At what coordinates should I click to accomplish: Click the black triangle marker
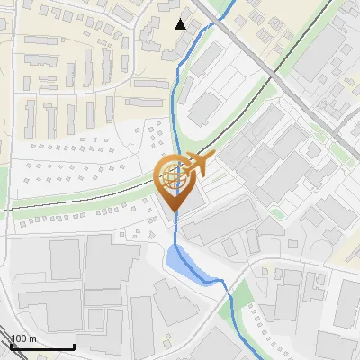coord(181,24)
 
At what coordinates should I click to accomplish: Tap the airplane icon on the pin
coord(196,165)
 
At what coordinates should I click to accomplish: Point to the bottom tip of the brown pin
coord(174,212)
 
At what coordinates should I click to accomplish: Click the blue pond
coord(184,263)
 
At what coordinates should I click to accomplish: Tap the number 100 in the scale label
coord(19,338)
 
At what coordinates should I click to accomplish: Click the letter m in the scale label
coord(32,338)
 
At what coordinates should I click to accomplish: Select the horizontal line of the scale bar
coord(41,346)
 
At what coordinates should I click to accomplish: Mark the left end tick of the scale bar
coord(10,345)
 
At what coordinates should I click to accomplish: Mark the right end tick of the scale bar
coord(74,345)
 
